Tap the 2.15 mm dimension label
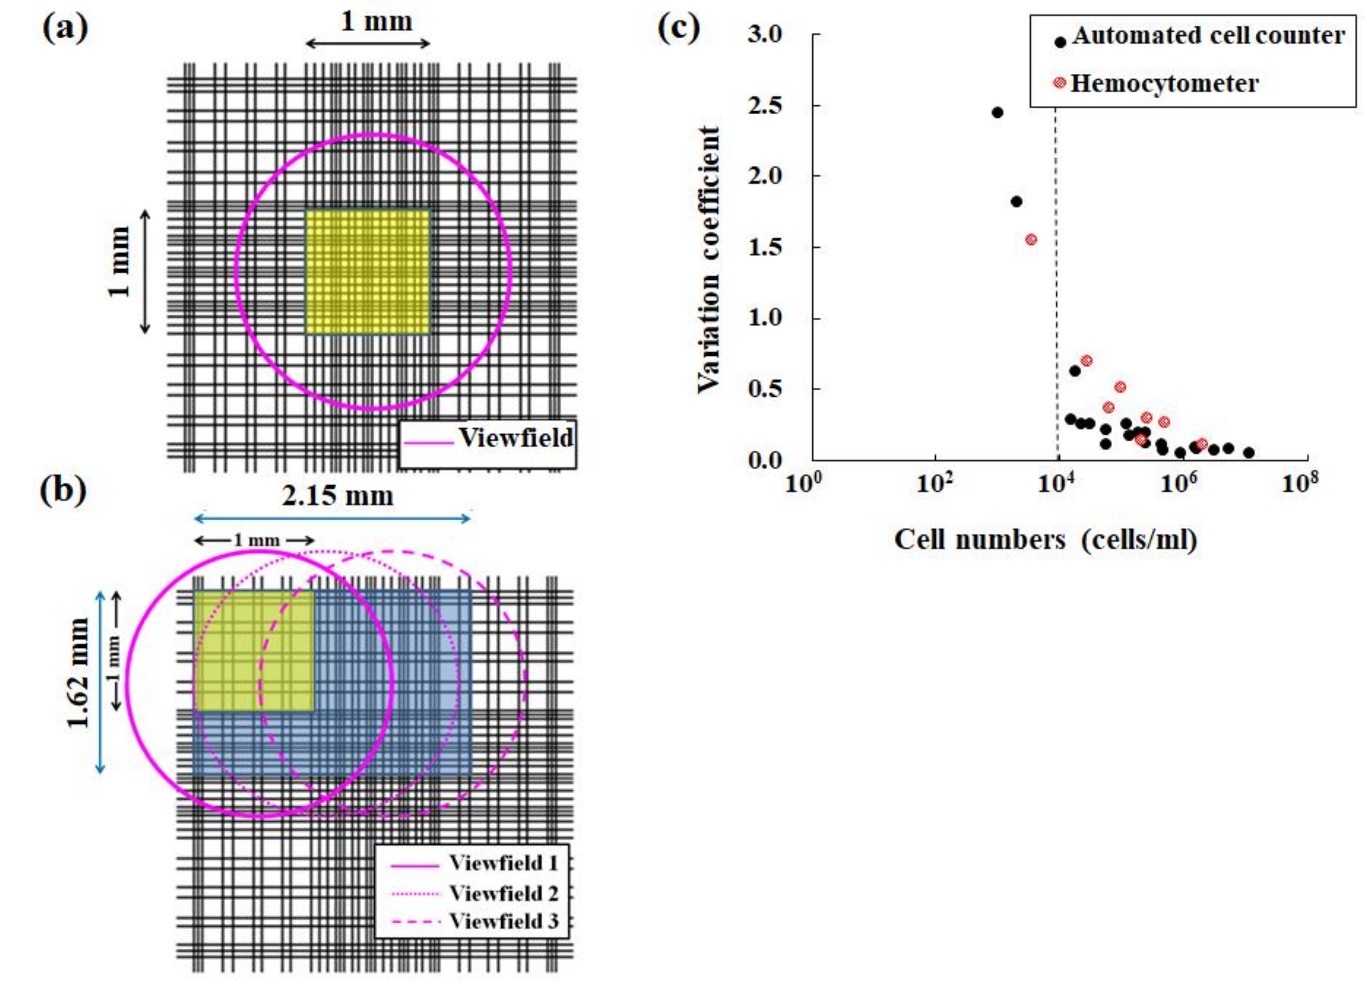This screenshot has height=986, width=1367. tap(337, 496)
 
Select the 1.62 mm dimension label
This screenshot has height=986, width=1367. tap(79, 673)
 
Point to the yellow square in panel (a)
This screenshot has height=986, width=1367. tap(368, 272)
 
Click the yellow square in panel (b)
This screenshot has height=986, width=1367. tap(253, 650)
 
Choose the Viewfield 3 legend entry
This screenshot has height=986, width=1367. tap(503, 922)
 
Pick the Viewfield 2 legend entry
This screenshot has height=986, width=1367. tap(503, 893)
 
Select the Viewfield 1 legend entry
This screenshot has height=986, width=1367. tap(503, 864)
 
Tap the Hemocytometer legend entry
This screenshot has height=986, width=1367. tap(1164, 83)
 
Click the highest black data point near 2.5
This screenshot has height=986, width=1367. tap(998, 112)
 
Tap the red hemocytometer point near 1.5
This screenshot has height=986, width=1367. tap(1031, 239)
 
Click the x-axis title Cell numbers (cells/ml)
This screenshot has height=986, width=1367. tap(1045, 539)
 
